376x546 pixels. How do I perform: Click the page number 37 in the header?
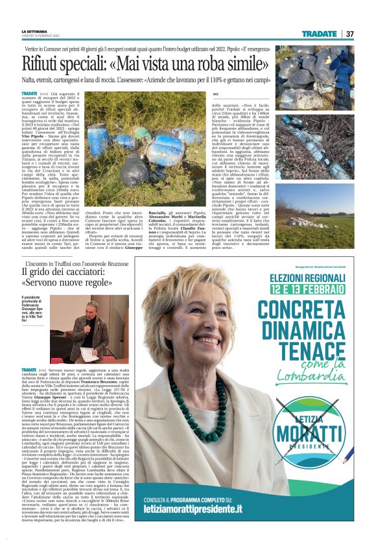349,34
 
